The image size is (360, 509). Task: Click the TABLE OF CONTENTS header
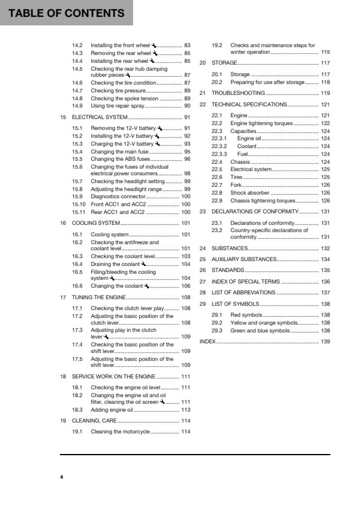click(67, 13)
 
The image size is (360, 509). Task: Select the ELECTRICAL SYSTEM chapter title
click(100, 117)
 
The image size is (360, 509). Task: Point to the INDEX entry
click(208, 342)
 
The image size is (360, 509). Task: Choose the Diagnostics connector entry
click(118, 196)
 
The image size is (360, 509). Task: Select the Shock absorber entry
click(250, 193)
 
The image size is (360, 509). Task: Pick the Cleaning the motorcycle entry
click(120, 432)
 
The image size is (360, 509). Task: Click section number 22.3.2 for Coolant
click(219, 146)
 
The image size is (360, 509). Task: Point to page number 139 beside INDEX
click(325, 342)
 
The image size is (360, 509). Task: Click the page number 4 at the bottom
click(61, 477)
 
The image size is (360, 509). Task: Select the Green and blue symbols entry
click(260, 331)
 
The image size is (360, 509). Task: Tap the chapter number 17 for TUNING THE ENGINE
click(63, 297)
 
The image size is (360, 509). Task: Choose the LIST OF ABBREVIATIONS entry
click(243, 293)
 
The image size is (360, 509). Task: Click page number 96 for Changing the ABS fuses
click(187, 159)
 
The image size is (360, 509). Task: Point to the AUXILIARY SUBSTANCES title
click(244, 259)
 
